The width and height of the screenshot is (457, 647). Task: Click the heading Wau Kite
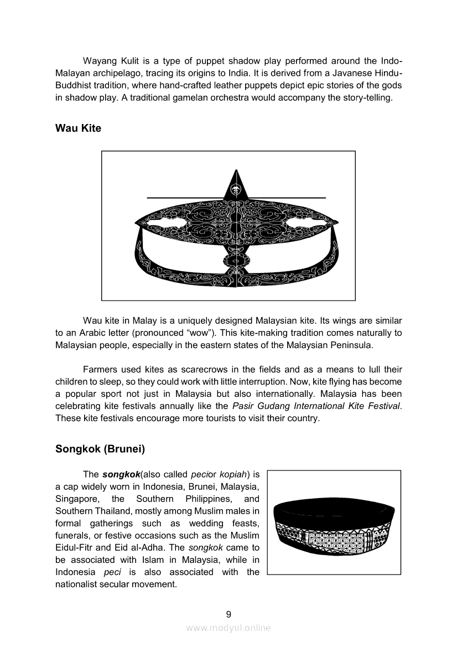[x=78, y=128]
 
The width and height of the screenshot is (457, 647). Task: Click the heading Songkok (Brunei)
[x=100, y=449]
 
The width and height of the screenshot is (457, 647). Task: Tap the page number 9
[x=228, y=614]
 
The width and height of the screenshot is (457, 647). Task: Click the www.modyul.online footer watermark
[x=228, y=628]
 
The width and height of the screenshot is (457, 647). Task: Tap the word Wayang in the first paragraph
[x=99, y=61]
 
